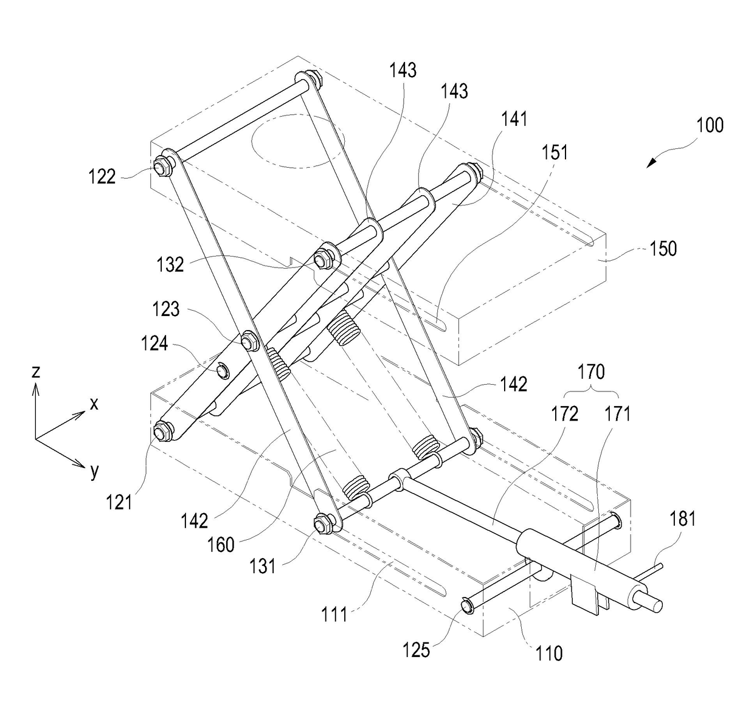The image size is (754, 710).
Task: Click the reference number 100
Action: (x=710, y=125)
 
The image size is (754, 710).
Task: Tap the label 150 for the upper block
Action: (x=662, y=249)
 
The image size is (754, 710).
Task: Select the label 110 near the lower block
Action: (x=549, y=653)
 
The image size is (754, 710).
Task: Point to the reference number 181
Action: (x=682, y=519)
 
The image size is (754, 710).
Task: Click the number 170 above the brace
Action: (x=591, y=371)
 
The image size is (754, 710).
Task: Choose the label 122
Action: (x=102, y=176)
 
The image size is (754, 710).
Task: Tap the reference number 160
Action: (x=221, y=544)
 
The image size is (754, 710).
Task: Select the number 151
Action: (x=555, y=152)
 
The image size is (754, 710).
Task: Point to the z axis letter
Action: (x=36, y=372)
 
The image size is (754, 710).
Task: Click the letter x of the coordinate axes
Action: (x=94, y=403)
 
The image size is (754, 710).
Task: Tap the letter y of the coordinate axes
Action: (x=94, y=471)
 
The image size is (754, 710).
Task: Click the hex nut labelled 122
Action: (x=162, y=165)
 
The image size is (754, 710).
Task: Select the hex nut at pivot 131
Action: (x=320, y=522)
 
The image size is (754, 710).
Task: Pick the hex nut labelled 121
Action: (x=161, y=431)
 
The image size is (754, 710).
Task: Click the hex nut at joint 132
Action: (x=321, y=260)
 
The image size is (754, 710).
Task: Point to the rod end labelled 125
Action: (x=468, y=605)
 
